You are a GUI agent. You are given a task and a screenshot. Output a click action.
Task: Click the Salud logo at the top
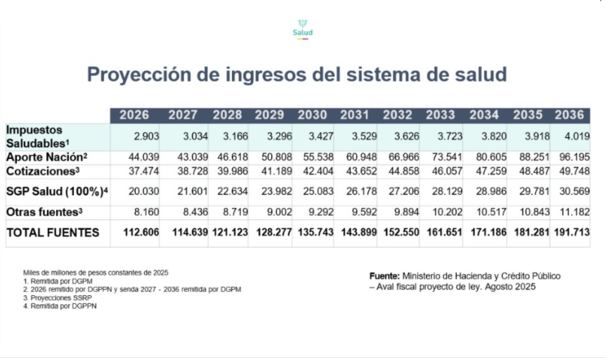(x=302, y=29)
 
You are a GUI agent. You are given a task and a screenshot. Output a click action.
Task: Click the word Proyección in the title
(x=135, y=75)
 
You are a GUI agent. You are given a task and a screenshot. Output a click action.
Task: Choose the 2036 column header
(x=571, y=115)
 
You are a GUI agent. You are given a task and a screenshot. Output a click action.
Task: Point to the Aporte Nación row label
(x=46, y=157)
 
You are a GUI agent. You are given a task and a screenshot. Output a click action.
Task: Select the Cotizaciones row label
(x=44, y=171)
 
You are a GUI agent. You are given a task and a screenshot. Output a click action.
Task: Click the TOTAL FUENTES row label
(x=53, y=232)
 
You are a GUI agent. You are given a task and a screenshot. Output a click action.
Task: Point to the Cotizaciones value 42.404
(x=313, y=172)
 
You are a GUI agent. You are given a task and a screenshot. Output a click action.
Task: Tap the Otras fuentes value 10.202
(x=441, y=212)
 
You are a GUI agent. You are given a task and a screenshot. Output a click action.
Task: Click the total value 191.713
(x=571, y=233)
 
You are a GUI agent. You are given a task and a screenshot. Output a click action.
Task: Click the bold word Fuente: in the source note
(x=384, y=276)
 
